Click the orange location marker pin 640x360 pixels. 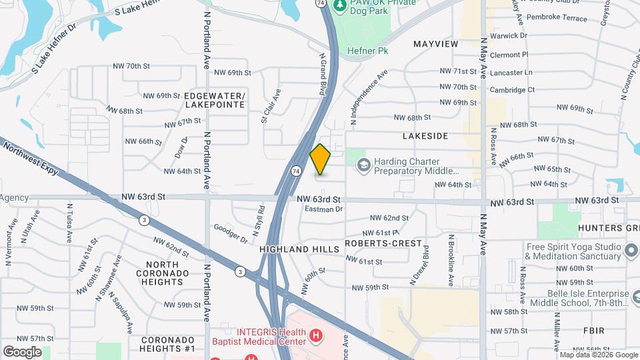(320, 159)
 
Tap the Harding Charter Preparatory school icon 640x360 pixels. (363, 164)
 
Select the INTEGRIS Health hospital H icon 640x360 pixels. (317, 336)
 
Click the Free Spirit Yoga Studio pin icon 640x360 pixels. (631, 251)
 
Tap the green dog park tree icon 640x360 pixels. (340, 5)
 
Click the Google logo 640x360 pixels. (22, 352)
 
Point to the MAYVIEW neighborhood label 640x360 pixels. (436, 44)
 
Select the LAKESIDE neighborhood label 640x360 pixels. (425, 135)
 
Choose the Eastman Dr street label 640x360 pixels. (323, 209)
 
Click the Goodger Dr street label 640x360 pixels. (231, 233)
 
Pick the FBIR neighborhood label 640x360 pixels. (593, 331)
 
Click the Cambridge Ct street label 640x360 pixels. (512, 89)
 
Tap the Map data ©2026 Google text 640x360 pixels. (598, 355)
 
